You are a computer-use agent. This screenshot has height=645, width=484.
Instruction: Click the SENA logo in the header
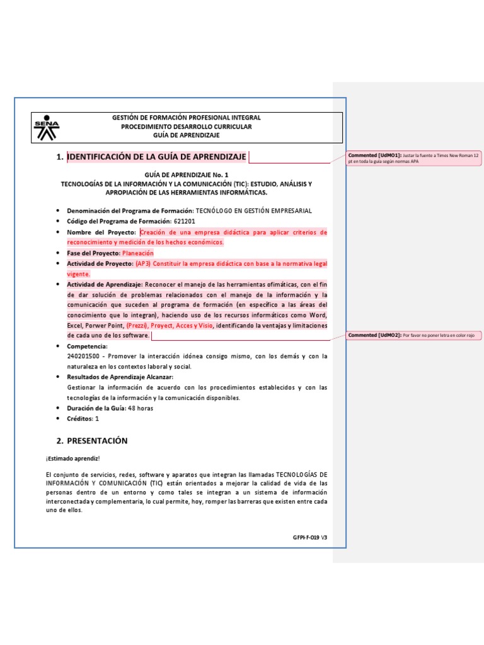pyautogui.click(x=47, y=128)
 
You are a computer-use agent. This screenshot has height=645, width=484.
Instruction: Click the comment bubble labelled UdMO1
pyautogui.click(x=414, y=157)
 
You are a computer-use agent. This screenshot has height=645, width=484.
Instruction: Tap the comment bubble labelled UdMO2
pyautogui.click(x=414, y=336)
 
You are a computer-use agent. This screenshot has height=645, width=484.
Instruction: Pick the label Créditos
pyautogui.click(x=79, y=418)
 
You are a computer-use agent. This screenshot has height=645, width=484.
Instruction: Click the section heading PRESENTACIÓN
pyautogui.click(x=97, y=441)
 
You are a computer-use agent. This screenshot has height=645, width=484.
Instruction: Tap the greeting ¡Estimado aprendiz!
pyautogui.click(x=72, y=459)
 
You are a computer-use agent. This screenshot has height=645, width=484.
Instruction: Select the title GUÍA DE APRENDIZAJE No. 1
pyautogui.click(x=186, y=174)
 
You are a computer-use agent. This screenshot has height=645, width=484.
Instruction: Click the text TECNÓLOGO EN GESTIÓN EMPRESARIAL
pyautogui.click(x=254, y=211)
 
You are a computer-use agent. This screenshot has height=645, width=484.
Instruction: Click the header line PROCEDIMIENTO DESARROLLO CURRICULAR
pyautogui.click(x=186, y=127)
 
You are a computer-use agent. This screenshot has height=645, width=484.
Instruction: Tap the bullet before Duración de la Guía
pyautogui.click(x=58, y=408)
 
